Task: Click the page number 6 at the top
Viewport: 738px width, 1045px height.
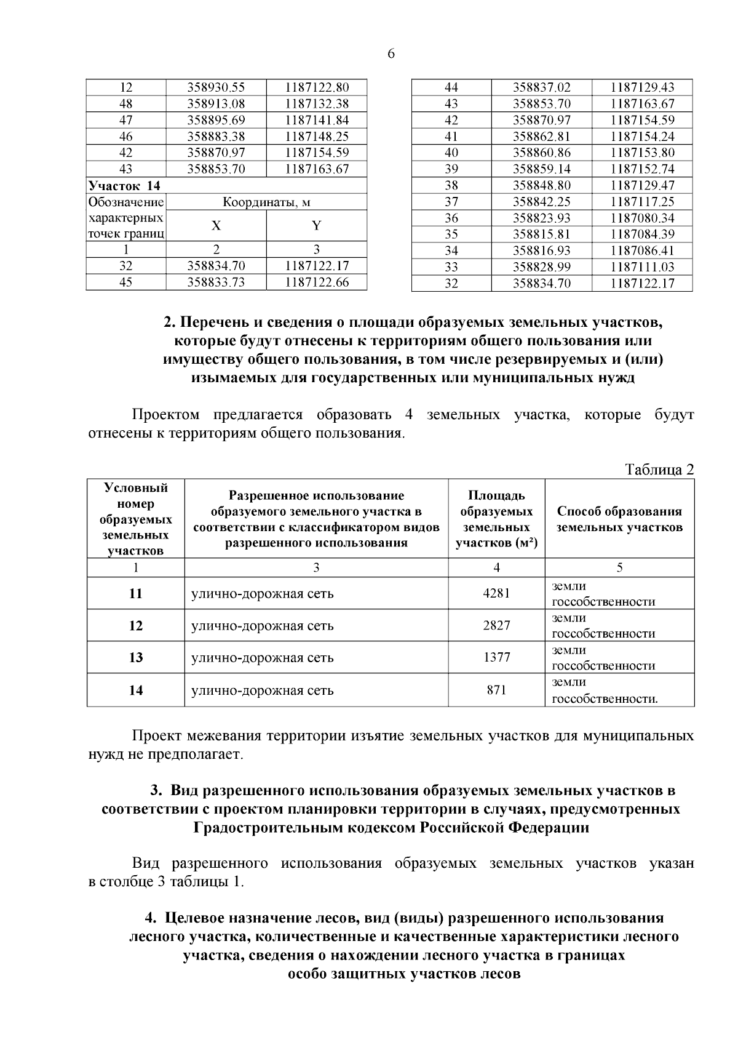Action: pos(391,54)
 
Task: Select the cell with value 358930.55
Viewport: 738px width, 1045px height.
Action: pos(216,87)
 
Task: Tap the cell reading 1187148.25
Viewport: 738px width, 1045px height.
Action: pos(317,136)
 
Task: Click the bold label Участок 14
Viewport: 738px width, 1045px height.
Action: pos(125,185)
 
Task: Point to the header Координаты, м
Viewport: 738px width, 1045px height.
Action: pos(266,202)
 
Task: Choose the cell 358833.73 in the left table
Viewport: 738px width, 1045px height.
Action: pos(216,282)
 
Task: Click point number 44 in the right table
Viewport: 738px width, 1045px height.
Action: pos(451,87)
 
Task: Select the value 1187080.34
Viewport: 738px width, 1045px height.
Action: pos(642,218)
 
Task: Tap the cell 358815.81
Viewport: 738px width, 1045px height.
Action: pos(542,234)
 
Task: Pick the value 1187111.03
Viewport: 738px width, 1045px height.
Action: pos(642,266)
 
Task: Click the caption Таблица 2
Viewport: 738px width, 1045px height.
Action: pos(659,470)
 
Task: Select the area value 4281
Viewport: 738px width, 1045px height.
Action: pos(496,593)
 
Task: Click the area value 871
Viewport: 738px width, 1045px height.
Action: pos(496,690)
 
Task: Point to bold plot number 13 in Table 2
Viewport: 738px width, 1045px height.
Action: pos(136,657)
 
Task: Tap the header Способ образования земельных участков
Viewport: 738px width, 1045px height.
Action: pos(619,519)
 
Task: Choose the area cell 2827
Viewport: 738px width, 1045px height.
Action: pos(496,625)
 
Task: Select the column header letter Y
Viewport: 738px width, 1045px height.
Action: pos(317,225)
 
